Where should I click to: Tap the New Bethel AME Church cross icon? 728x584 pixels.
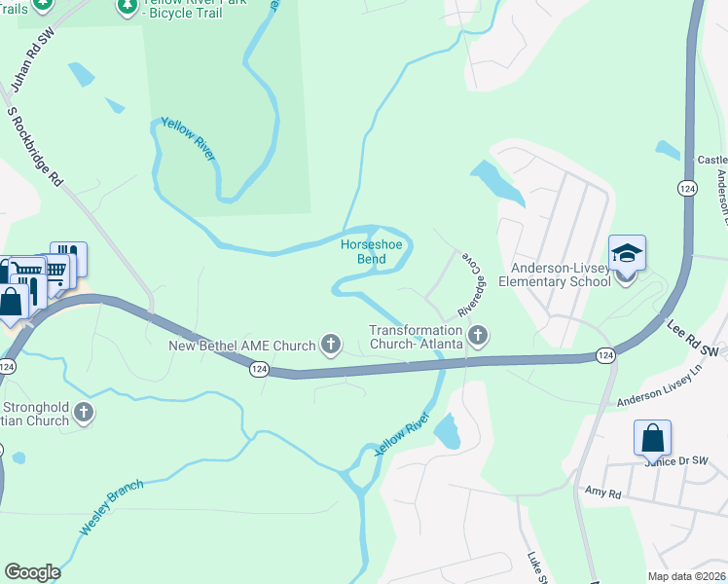click(x=331, y=345)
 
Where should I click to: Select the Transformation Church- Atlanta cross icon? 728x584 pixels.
click(x=477, y=337)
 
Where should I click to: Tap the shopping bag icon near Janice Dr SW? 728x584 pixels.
click(x=651, y=438)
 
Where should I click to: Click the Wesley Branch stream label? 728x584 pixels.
click(x=111, y=506)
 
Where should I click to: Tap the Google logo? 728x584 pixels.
click(x=32, y=572)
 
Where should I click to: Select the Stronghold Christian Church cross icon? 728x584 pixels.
click(x=83, y=412)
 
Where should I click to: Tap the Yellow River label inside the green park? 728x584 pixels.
click(x=189, y=139)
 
